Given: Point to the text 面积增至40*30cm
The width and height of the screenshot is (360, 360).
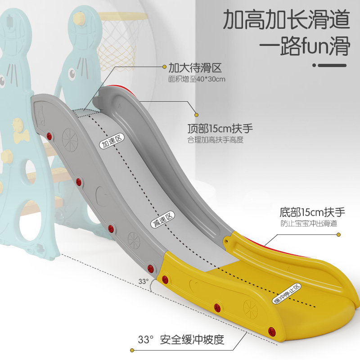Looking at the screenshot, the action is pos(197,79).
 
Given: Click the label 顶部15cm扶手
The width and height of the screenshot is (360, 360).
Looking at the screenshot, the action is pos(220,129).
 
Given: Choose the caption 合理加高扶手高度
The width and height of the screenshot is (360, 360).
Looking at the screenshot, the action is pos(216,140).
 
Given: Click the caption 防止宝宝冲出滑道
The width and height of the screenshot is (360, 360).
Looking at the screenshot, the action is pos(308,223).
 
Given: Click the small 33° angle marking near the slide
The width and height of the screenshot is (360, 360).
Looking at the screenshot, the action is pos(143,281).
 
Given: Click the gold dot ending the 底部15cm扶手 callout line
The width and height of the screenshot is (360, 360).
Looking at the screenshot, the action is pos(339,234).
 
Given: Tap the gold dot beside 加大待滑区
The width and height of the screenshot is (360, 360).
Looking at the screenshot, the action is pos(164,67).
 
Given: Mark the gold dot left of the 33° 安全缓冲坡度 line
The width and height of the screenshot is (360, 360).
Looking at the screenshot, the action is pos(132,350).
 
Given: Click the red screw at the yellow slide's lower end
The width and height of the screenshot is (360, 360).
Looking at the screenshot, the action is pos(271,332).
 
